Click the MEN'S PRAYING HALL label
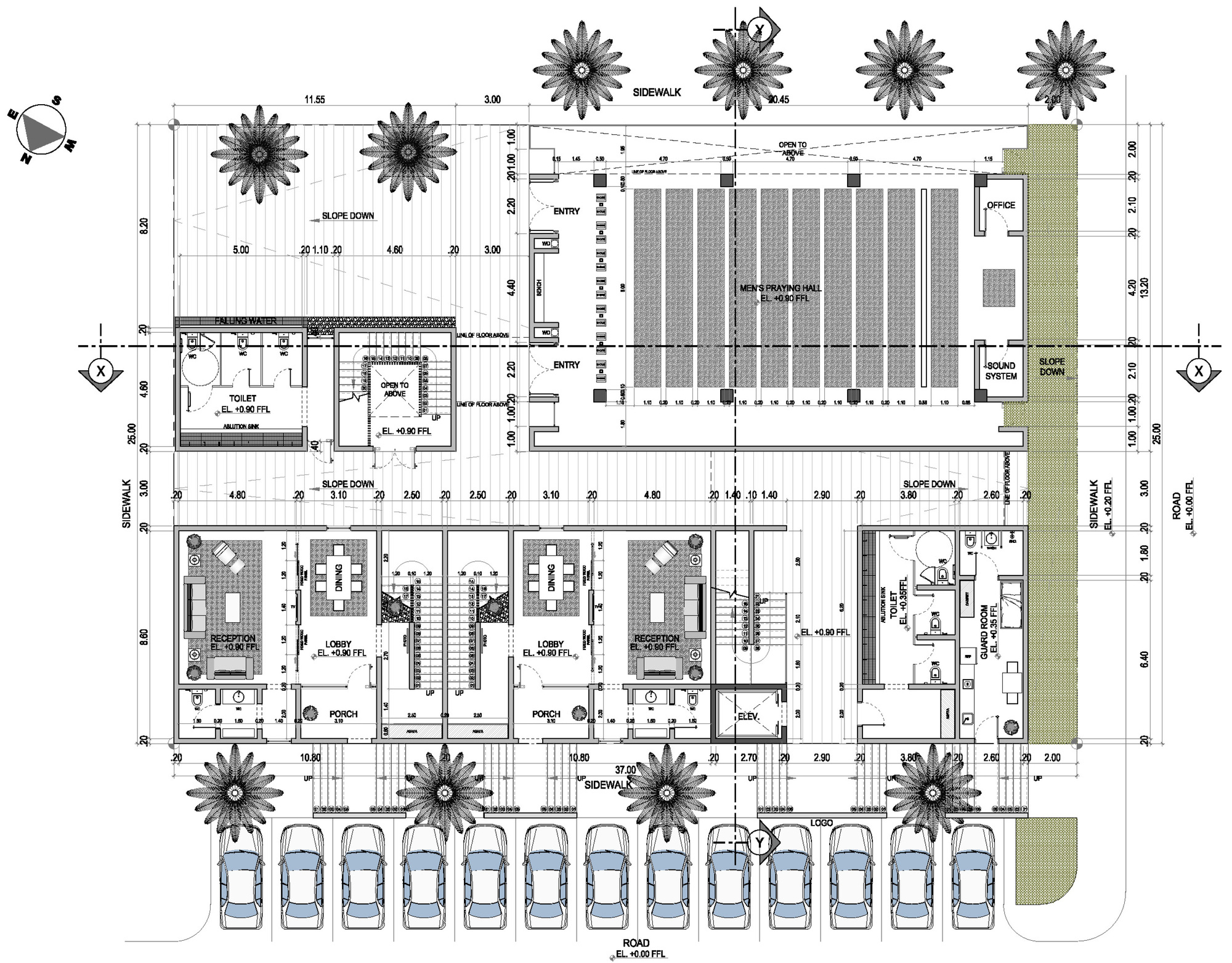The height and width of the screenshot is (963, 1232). [780, 288]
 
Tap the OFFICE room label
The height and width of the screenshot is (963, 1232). [1000, 205]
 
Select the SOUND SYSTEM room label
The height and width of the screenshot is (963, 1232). [1000, 371]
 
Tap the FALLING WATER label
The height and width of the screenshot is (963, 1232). [245, 321]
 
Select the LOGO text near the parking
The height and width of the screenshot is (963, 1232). [821, 823]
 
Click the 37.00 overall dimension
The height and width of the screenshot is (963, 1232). [625, 770]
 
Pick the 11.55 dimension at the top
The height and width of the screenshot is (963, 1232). [314, 100]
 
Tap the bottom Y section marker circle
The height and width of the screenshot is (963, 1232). [759, 843]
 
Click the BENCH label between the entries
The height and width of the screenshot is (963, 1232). [539, 288]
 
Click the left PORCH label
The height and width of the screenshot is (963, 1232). [344, 714]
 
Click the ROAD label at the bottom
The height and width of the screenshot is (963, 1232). [636, 943]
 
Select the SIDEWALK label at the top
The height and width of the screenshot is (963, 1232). [657, 92]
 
